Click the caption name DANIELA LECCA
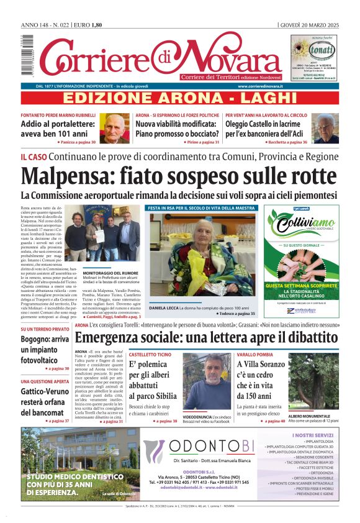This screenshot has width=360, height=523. [163, 308]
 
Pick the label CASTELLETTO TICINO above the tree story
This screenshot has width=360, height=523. [150, 353]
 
